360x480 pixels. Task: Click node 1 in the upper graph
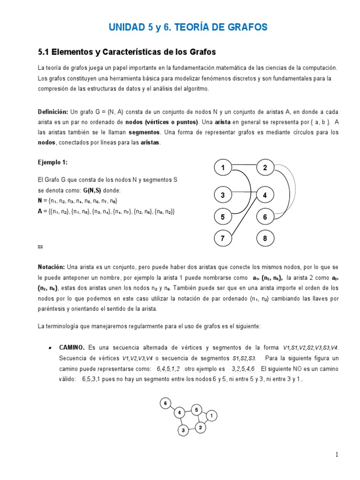tap(223, 167)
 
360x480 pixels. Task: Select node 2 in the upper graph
tap(265, 167)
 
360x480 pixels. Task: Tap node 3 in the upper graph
tap(223, 195)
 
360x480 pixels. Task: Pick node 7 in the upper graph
tap(223, 239)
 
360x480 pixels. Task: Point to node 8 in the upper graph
tap(265, 239)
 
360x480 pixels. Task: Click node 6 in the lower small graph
tap(165, 403)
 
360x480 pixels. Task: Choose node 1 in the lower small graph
tap(211, 415)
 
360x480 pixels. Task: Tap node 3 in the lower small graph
tap(183, 430)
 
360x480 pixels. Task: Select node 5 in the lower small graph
tap(197, 409)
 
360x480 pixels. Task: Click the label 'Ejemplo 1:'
tap(53, 162)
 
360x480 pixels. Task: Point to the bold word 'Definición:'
tap(53, 112)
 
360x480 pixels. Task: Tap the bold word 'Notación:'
tap(52, 267)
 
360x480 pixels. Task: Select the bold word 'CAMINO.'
tap(72, 347)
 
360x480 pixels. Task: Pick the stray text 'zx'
tap(40, 246)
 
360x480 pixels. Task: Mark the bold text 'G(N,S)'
tap(92, 191)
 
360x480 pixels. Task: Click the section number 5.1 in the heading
tap(45, 51)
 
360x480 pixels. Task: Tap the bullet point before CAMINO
tap(50, 348)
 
